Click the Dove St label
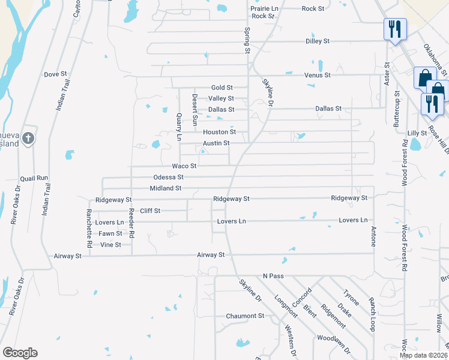point(55,74)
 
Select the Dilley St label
point(319,41)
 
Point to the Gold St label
point(221,88)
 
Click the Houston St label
point(219,132)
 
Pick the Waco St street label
point(184,166)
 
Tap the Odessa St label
point(168,177)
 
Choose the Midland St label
point(166,188)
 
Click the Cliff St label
point(150,211)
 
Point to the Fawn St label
point(110,233)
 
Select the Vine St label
point(110,245)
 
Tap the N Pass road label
point(272,276)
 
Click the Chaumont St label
point(245,316)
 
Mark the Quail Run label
point(33,178)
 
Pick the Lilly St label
point(417,133)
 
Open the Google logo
point(20,353)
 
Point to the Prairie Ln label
point(264,8)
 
